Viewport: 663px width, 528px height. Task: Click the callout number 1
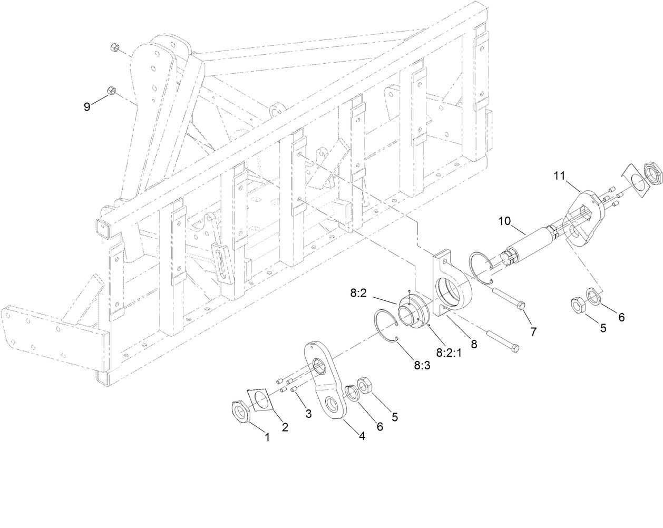(267, 437)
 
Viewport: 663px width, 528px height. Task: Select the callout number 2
(285, 427)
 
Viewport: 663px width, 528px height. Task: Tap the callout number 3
(308, 414)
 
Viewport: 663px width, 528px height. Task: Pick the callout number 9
(87, 106)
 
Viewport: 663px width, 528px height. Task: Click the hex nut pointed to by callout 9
(112, 91)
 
